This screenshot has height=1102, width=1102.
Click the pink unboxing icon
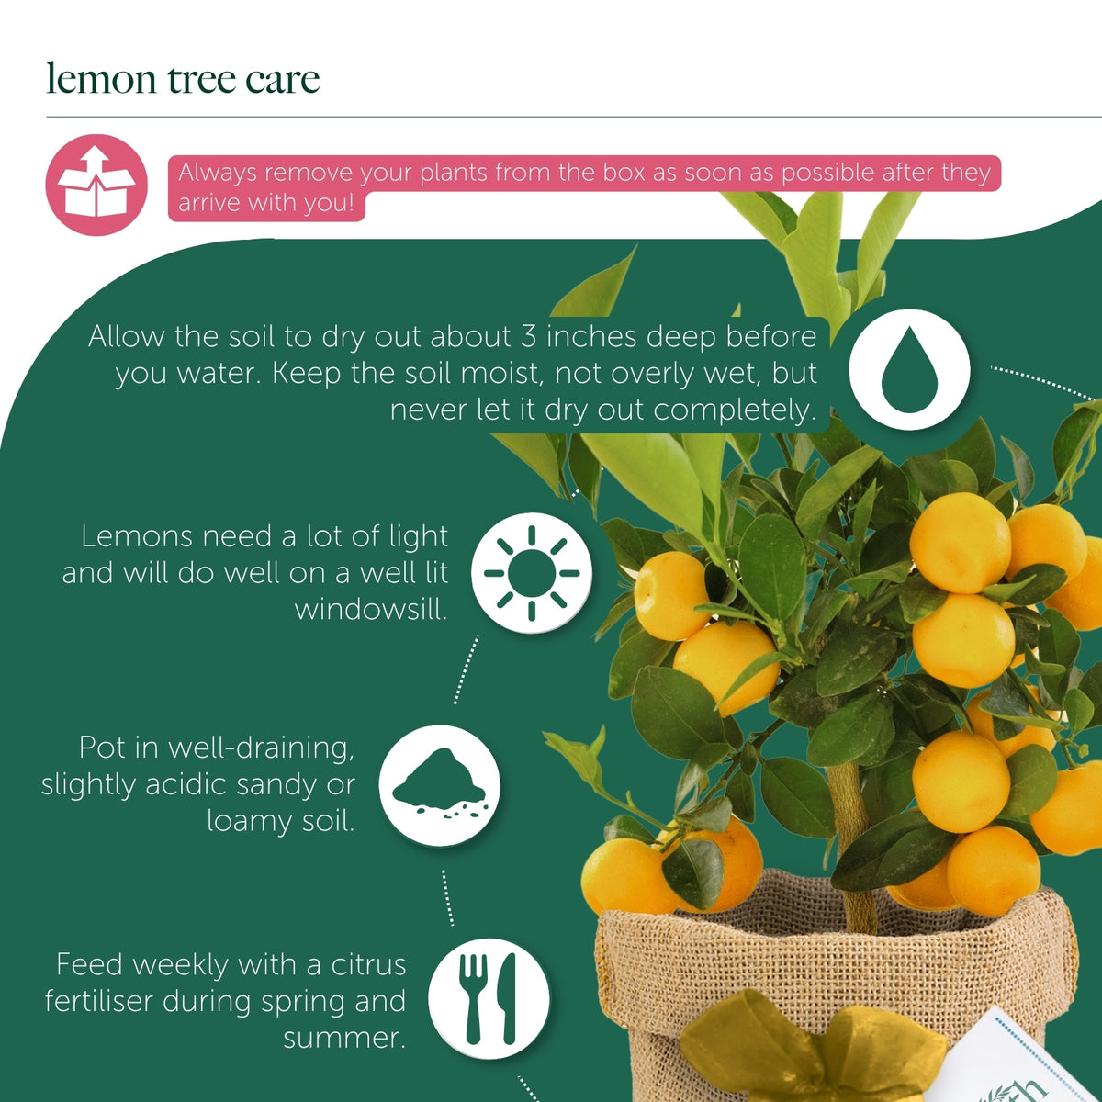(x=96, y=185)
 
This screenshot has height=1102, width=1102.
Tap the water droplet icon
(x=909, y=369)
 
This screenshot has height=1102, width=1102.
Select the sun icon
(x=532, y=572)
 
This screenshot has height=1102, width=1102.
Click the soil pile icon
(x=439, y=785)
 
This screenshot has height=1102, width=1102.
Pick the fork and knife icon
(x=489, y=998)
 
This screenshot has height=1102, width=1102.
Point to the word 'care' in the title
(x=283, y=80)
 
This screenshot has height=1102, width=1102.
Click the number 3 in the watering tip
(x=528, y=336)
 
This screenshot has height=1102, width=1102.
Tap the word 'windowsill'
(x=371, y=609)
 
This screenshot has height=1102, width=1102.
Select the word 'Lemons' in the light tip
(x=136, y=536)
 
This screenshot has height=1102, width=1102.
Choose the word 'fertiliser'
(x=99, y=1001)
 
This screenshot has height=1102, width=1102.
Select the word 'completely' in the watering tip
(x=735, y=410)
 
